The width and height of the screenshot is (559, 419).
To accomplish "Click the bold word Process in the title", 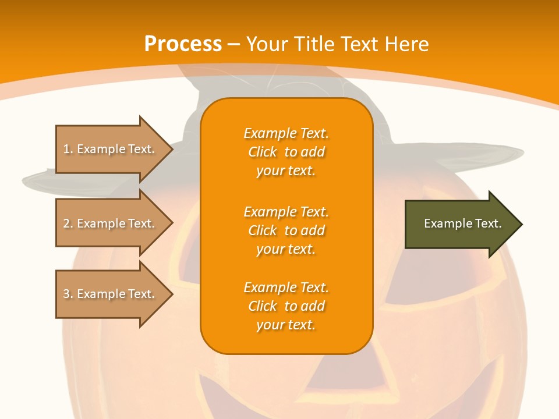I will [x=183, y=44].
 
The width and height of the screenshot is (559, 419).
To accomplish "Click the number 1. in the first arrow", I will [x=68, y=150].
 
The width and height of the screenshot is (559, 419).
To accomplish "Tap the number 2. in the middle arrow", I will [x=68, y=223].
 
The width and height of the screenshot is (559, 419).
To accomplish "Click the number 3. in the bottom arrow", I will [x=68, y=294].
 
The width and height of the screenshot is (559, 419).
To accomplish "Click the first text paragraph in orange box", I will [x=286, y=152].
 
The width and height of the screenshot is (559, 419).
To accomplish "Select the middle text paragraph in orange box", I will [x=286, y=230].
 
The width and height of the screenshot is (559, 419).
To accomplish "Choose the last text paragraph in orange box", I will [x=286, y=306].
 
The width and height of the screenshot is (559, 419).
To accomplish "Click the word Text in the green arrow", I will [x=487, y=223].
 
